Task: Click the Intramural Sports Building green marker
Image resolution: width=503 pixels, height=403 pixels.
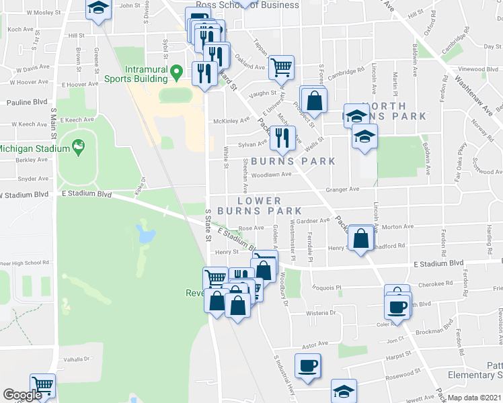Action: coord(177,71)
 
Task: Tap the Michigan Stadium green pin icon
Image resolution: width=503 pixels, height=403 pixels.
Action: coord(79,146)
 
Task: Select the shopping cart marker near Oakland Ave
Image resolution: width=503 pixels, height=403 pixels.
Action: coord(281,66)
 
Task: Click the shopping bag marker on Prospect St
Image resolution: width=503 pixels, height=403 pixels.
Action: coord(313,100)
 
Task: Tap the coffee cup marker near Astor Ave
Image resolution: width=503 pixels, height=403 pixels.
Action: coord(308,366)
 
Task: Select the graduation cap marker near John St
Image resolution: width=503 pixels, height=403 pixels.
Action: coord(98,9)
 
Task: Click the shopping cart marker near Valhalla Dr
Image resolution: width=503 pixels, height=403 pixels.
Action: coord(43,386)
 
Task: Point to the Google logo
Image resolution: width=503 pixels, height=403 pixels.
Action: coord(22,396)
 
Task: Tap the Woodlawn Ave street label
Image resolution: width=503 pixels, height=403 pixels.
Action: coord(271,175)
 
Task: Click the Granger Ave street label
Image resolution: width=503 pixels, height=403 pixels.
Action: coord(342,189)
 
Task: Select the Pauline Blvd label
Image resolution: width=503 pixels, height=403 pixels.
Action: coord(27,102)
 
